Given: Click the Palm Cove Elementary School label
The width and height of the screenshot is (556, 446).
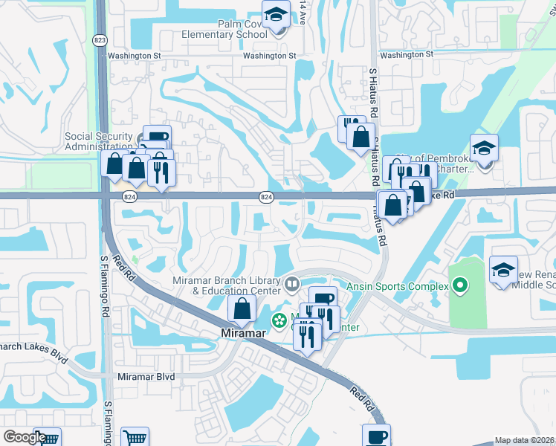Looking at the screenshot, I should [225, 29].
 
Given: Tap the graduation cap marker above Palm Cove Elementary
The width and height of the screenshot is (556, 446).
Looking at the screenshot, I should [277, 15].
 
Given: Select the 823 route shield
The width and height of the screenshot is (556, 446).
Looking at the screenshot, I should [99, 39].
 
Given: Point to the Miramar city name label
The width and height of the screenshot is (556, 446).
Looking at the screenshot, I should [244, 333].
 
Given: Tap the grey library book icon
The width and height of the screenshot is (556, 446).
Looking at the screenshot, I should [292, 282].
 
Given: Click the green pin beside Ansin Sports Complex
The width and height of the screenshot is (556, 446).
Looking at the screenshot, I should [460, 285].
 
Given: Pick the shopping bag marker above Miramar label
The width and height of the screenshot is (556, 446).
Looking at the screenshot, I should [242, 308].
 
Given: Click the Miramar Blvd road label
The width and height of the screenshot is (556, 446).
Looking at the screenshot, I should [146, 377].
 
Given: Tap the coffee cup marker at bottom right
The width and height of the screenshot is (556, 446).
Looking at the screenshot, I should [376, 436].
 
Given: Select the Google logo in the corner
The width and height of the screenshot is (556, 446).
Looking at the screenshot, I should [25, 437].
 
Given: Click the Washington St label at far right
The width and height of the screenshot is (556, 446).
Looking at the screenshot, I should [407, 55].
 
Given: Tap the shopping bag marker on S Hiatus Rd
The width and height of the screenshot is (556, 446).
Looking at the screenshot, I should [361, 137].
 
